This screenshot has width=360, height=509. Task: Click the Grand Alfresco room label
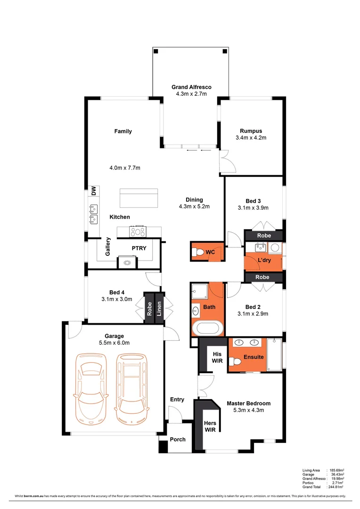(191, 87)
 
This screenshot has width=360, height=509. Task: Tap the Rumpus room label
(251, 131)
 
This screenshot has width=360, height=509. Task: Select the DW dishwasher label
(94, 191)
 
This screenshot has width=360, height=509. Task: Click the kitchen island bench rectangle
(139, 198)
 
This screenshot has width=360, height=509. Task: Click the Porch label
(178, 439)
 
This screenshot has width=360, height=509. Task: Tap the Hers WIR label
(210, 427)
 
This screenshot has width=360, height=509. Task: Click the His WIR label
(217, 358)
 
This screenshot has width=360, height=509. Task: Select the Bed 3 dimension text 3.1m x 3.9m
(253, 208)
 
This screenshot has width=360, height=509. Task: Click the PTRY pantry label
(139, 247)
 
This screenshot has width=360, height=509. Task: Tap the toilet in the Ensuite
(234, 361)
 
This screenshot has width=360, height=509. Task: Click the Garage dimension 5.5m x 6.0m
(114, 343)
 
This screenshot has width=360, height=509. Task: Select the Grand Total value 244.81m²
(336, 487)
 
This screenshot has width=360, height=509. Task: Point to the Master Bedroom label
(248, 403)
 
